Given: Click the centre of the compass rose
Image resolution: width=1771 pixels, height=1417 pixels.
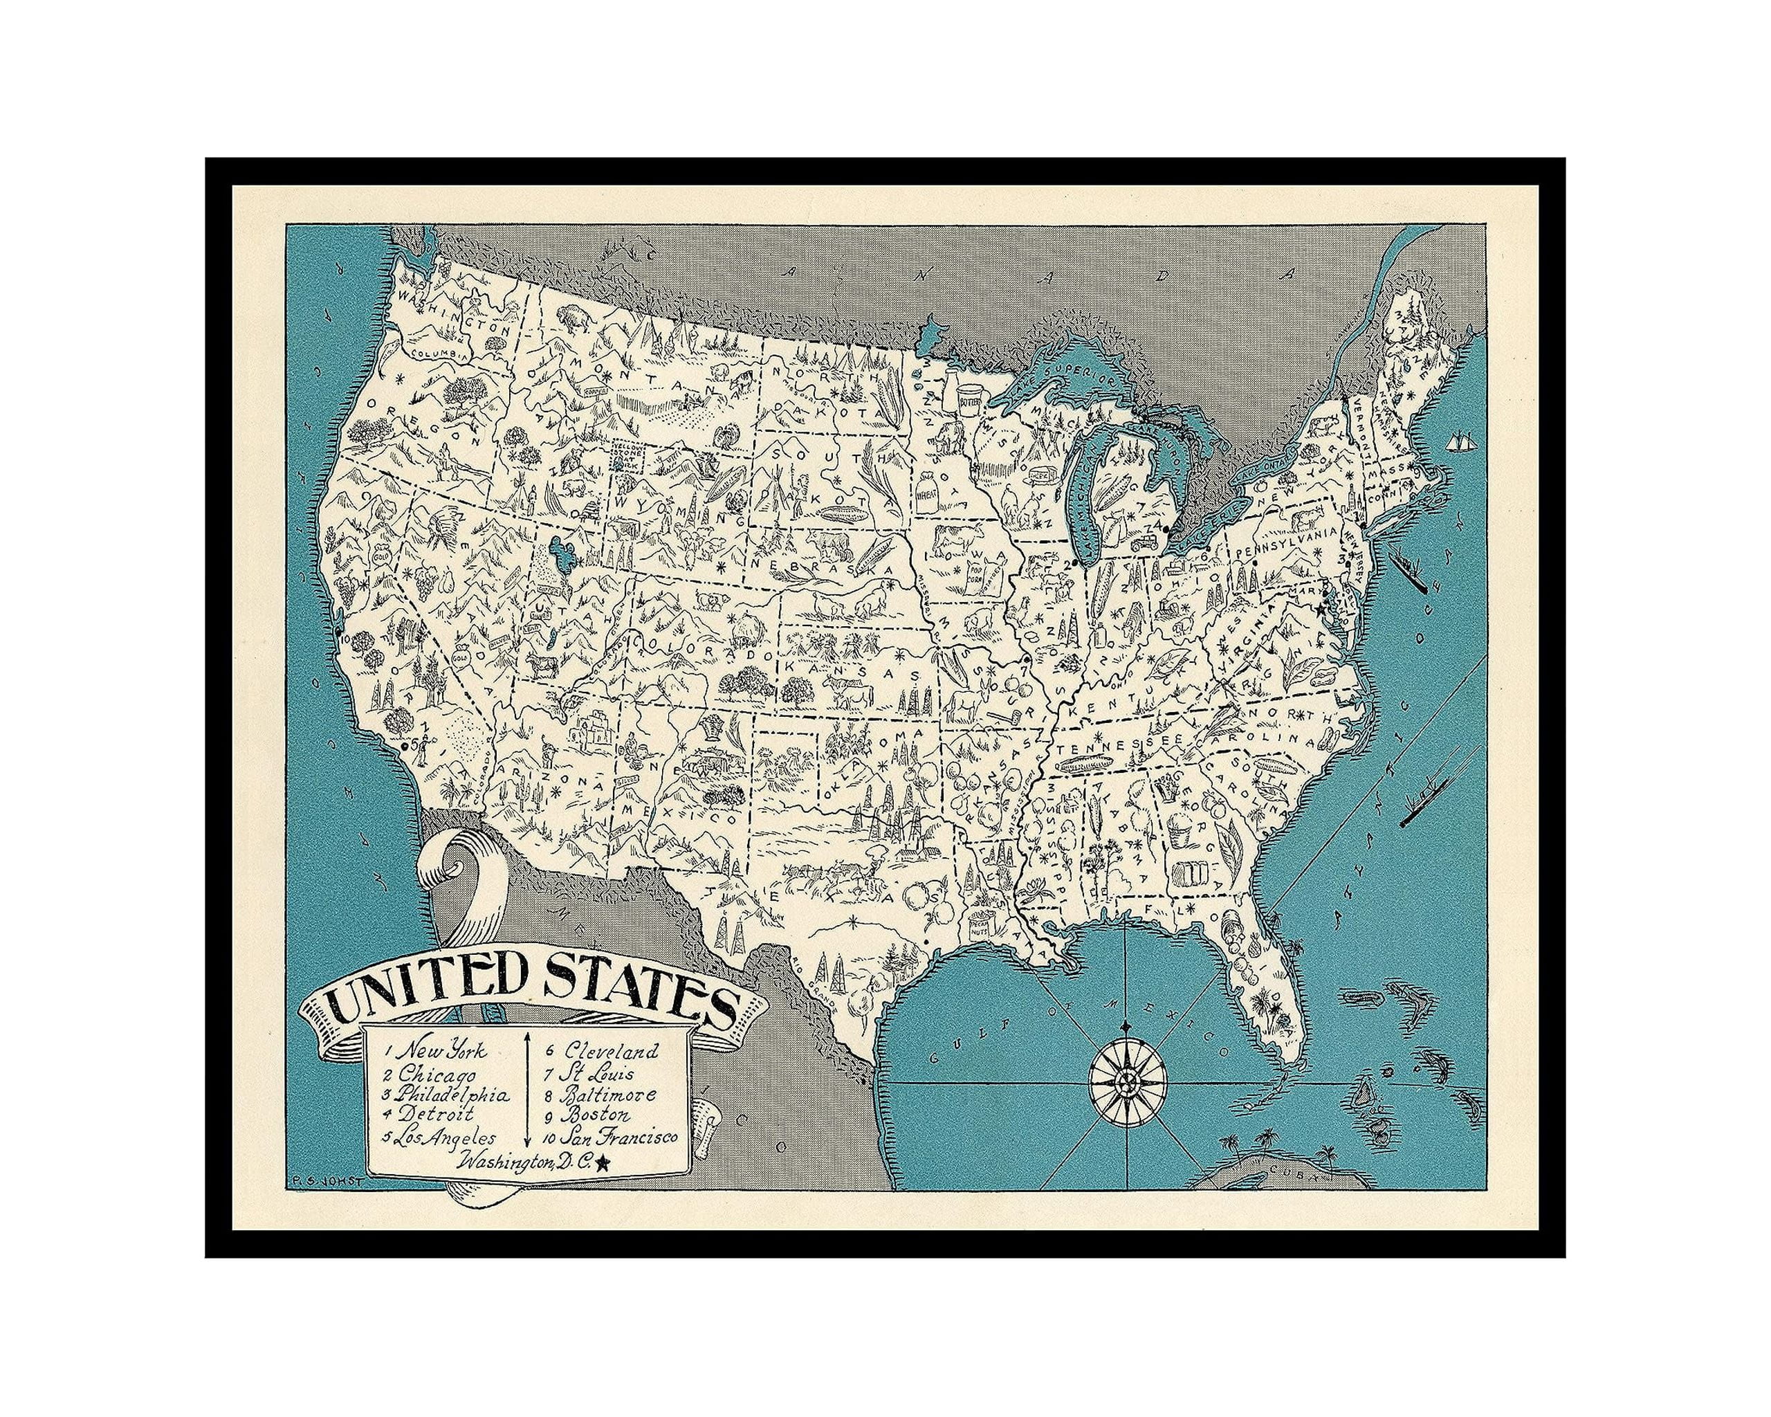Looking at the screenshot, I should click(x=1128, y=1084).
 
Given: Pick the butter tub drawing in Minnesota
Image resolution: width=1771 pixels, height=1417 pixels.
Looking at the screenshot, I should click(x=969, y=400).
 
